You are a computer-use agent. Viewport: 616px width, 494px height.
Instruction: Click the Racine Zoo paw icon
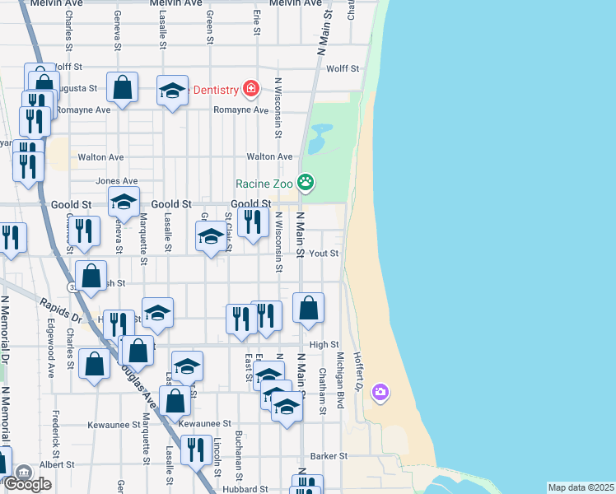click(x=306, y=182)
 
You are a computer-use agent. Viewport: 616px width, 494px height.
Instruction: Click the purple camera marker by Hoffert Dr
click(x=380, y=391)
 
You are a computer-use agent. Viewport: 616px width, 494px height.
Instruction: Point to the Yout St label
click(x=324, y=254)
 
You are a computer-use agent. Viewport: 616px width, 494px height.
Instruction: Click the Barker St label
click(x=329, y=455)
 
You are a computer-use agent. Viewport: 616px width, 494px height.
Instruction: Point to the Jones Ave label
click(x=117, y=181)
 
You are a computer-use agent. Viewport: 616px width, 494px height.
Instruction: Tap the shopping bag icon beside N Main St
click(x=308, y=308)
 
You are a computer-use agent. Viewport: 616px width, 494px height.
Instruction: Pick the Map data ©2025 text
click(x=581, y=487)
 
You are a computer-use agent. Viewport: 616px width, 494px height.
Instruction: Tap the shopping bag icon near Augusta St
click(x=122, y=87)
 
